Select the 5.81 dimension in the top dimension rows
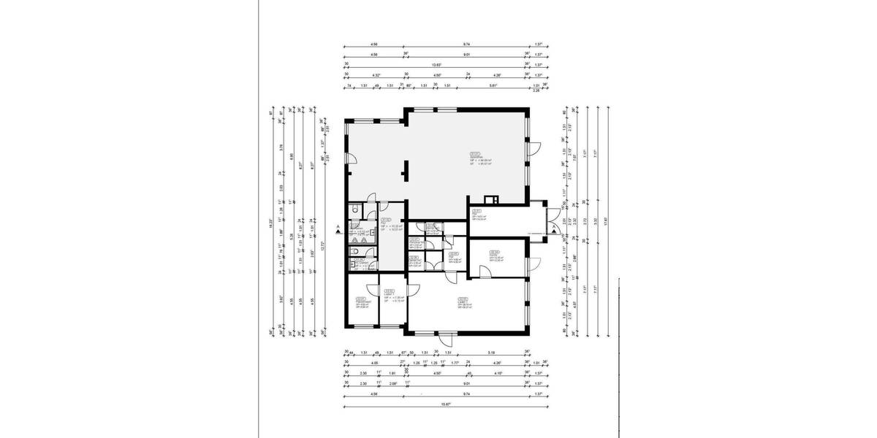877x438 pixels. (494, 85)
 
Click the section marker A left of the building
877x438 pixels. (337, 228)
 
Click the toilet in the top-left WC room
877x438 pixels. (354, 210)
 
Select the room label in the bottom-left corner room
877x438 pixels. (360, 302)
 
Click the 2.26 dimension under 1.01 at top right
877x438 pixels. (536, 91)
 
